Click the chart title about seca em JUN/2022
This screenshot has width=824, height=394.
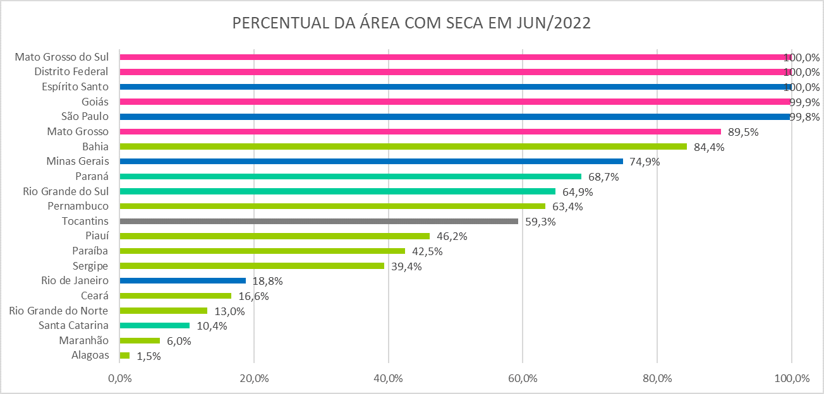point(411,23)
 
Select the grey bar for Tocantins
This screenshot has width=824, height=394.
point(318,221)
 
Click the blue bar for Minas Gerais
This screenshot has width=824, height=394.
point(371,161)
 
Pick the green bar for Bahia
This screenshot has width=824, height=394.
point(403,146)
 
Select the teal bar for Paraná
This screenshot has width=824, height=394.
point(350,176)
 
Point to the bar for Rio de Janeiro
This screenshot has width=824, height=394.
point(183,281)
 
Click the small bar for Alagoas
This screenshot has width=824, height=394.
point(124,355)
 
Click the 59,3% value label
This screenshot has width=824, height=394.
point(540,222)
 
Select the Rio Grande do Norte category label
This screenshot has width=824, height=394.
point(59,311)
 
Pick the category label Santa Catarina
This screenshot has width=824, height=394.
point(74,326)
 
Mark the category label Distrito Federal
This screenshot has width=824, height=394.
point(71,71)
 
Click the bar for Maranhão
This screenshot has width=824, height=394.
point(140,340)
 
